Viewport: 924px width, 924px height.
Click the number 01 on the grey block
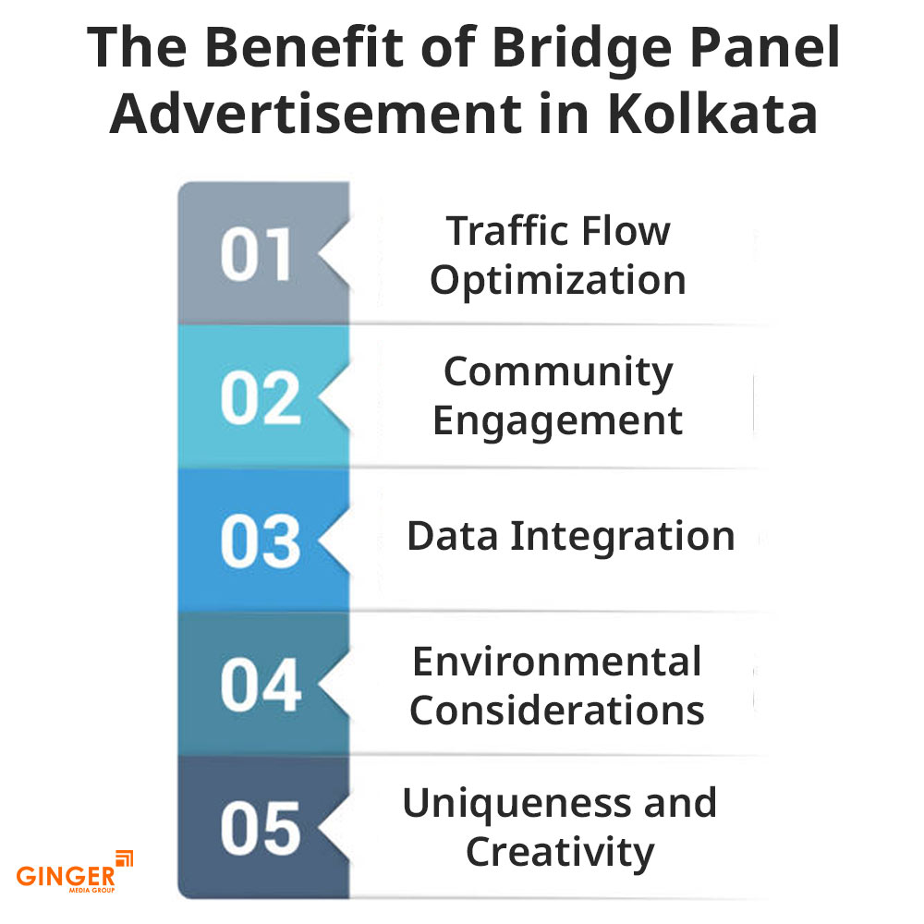pos(256,256)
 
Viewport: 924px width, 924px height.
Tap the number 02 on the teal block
pos(260,399)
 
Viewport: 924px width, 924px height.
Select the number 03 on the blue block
pos(260,543)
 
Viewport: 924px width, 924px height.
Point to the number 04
pos(260,687)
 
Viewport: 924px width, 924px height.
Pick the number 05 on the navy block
pos(260,829)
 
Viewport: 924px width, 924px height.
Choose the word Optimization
pos(558,280)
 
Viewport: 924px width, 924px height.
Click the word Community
pos(558,372)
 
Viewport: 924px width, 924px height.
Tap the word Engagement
pos(558,421)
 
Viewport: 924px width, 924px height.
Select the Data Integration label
pos(570,537)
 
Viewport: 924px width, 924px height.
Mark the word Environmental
pos(557,662)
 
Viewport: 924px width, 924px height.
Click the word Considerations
pos(557,711)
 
